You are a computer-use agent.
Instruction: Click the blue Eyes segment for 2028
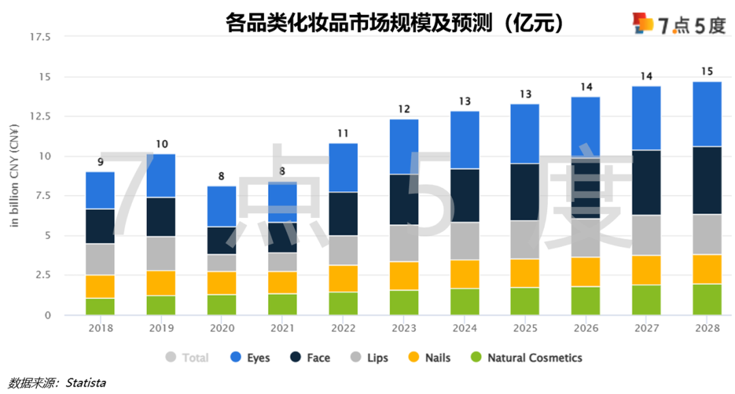(706, 114)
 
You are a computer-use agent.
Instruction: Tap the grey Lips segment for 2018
(100, 259)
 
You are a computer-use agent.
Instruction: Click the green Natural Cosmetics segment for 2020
(222, 305)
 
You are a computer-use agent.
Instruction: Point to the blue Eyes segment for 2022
(343, 167)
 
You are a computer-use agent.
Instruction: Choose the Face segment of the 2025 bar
(525, 192)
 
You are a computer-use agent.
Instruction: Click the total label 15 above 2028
(706, 71)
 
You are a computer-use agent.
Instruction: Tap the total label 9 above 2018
(100, 162)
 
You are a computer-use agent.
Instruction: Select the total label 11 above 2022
(343, 133)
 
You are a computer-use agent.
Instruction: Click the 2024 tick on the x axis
(464, 327)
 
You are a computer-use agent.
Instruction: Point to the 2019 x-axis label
(161, 327)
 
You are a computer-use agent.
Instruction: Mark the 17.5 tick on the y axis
(39, 37)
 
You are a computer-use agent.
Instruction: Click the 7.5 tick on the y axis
(42, 196)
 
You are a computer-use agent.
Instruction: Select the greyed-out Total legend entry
(188, 357)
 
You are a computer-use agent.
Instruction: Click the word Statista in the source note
(86, 383)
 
